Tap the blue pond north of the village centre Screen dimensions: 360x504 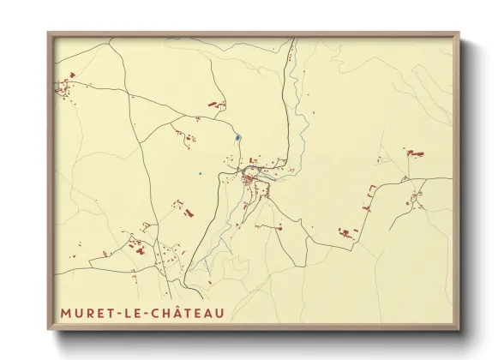tap(237, 137)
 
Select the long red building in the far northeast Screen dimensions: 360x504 tap(416, 153)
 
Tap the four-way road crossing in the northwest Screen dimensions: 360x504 tap(131, 98)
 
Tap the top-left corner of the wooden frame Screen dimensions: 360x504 tap(49, 33)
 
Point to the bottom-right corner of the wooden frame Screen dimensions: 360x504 tap(459, 329)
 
